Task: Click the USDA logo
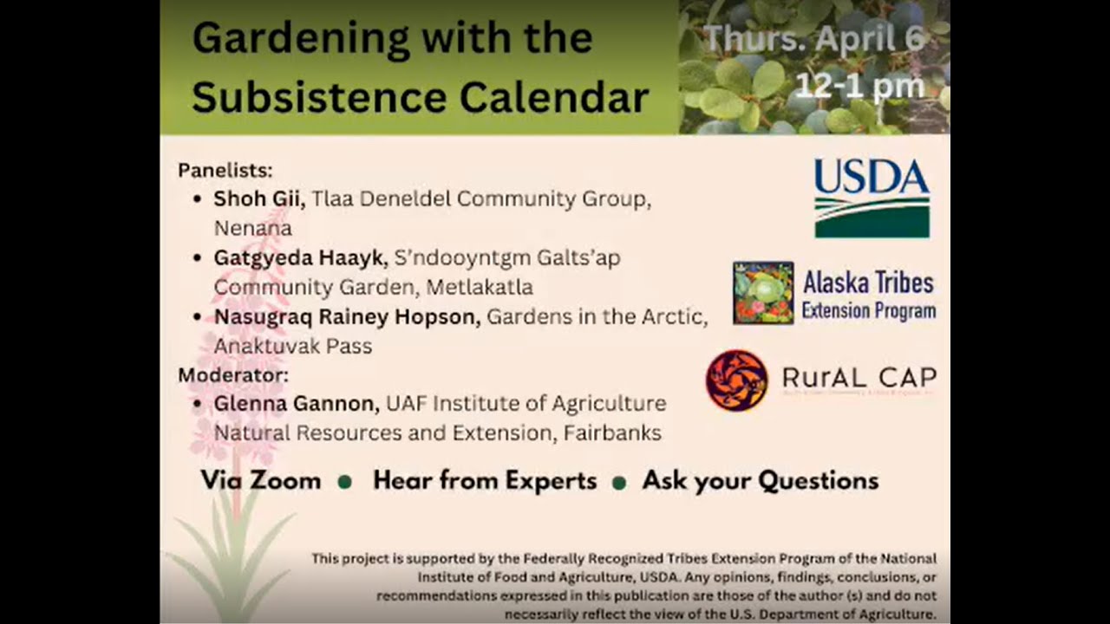(872, 198)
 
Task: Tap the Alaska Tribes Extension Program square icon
(763, 293)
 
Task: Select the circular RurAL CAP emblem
(736, 380)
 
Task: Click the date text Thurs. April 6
(814, 40)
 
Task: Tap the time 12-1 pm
(859, 85)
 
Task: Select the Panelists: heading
(225, 170)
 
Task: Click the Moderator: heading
(233, 375)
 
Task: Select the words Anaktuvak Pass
(293, 346)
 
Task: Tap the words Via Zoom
(260, 480)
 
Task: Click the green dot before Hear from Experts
(344, 482)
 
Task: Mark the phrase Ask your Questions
(760, 481)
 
